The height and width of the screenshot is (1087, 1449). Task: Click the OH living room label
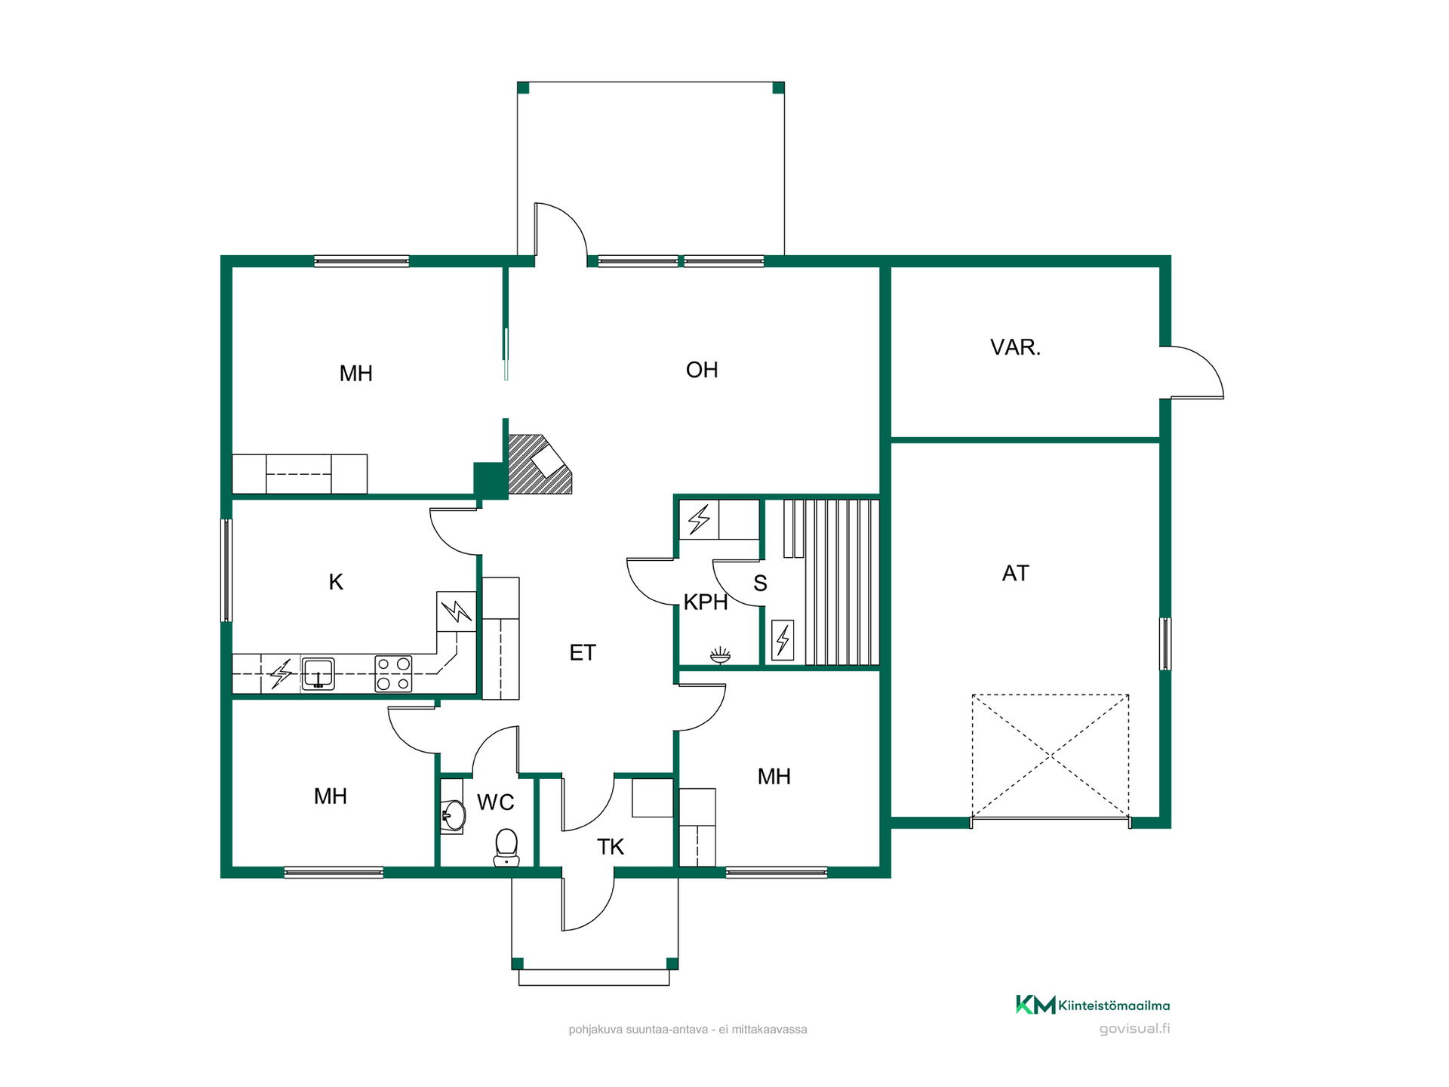(x=701, y=370)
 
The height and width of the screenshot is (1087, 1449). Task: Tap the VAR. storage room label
(x=1015, y=347)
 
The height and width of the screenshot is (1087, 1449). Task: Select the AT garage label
(x=1015, y=573)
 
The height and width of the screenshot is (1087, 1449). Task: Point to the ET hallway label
(x=582, y=652)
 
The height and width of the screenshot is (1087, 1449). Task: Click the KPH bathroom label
(x=705, y=602)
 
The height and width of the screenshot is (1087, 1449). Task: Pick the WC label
(x=495, y=802)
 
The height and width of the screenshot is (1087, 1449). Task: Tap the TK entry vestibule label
(x=610, y=847)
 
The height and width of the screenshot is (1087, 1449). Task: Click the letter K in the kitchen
(x=336, y=582)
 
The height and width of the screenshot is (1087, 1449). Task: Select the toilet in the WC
(x=506, y=848)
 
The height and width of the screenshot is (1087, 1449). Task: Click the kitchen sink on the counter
(x=318, y=673)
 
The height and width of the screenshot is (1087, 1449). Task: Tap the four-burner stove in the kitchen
(x=393, y=673)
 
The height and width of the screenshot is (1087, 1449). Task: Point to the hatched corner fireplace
(x=539, y=464)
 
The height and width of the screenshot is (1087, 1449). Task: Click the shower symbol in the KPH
(x=720, y=654)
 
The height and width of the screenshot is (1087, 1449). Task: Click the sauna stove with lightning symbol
(x=783, y=640)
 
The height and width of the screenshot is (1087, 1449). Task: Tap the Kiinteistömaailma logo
(x=1092, y=1005)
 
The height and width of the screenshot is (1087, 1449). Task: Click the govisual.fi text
(x=1134, y=1029)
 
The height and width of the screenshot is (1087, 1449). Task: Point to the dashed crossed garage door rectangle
(x=1050, y=756)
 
